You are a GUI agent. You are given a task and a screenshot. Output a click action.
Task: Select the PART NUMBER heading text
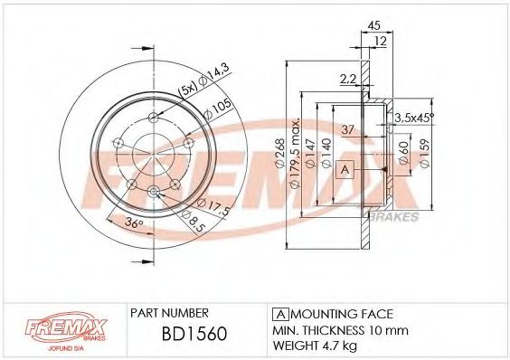coord(171,310)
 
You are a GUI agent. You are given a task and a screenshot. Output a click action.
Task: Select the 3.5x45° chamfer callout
coord(415,118)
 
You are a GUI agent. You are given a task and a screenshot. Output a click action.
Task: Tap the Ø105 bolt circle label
coord(216,105)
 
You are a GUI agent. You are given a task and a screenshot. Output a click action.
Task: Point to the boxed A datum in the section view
coord(344,169)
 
